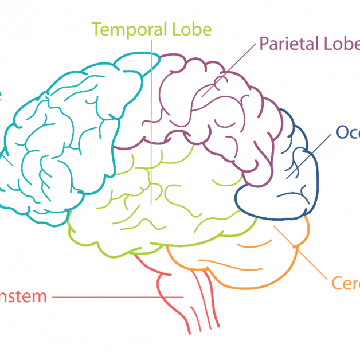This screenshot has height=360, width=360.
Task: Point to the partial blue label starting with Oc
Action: [x=347, y=132]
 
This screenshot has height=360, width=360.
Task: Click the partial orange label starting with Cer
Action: [x=345, y=283]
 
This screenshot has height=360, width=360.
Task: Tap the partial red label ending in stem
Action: [x=23, y=297]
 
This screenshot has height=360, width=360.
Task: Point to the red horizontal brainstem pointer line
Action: [x=115, y=297]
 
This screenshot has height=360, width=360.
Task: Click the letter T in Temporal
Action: [x=96, y=29]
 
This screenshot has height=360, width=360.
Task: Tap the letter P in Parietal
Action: [x=265, y=44]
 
